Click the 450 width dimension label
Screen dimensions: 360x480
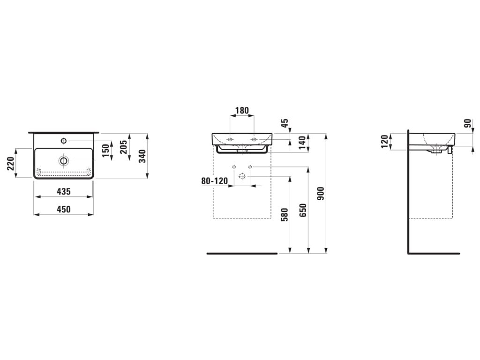pyautogui.click(x=64, y=210)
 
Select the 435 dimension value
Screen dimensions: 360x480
pyautogui.click(x=64, y=191)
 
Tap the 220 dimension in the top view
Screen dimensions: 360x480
pyautogui.click(x=10, y=163)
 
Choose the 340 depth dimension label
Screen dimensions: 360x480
pyautogui.click(x=142, y=156)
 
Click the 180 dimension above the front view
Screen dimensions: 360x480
pyautogui.click(x=241, y=111)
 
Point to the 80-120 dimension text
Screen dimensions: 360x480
pyautogui.click(x=214, y=181)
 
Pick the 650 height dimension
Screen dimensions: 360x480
pyautogui.click(x=302, y=210)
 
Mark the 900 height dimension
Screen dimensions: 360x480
pyautogui.click(x=321, y=193)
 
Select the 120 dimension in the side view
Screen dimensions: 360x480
pyautogui.click(x=385, y=142)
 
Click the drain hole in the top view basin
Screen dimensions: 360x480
pyautogui.click(x=64, y=161)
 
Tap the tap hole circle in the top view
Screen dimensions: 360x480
pyautogui.click(x=63, y=140)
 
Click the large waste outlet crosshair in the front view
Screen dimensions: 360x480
pyautogui.click(x=242, y=176)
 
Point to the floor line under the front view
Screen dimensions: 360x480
pyautogui.click(x=242, y=254)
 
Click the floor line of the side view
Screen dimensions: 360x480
pyautogui.click(x=434, y=254)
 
